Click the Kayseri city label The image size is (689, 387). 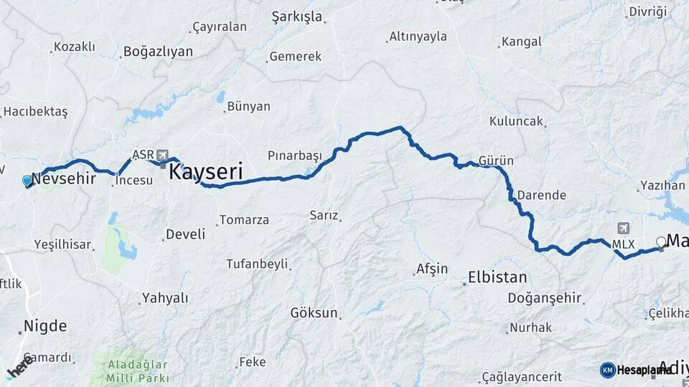pos(205,172)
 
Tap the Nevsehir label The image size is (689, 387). pos(64,178)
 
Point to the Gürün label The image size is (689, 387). pos(495,161)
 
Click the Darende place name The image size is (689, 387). pos(541,195)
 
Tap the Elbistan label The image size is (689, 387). pos(497,277)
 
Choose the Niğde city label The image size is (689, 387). pos(45,326)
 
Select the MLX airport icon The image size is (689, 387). pos(622,229)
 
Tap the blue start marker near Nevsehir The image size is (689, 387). pos(27,181)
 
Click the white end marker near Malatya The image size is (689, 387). pos(661,242)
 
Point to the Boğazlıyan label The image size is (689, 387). pos(159,51)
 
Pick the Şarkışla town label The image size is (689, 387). pos(297,16)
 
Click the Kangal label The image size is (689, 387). pos(521,42)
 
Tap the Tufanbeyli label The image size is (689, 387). pos(256,264)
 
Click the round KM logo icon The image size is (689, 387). pos(607,369)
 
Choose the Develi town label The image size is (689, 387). pos(185,234)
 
